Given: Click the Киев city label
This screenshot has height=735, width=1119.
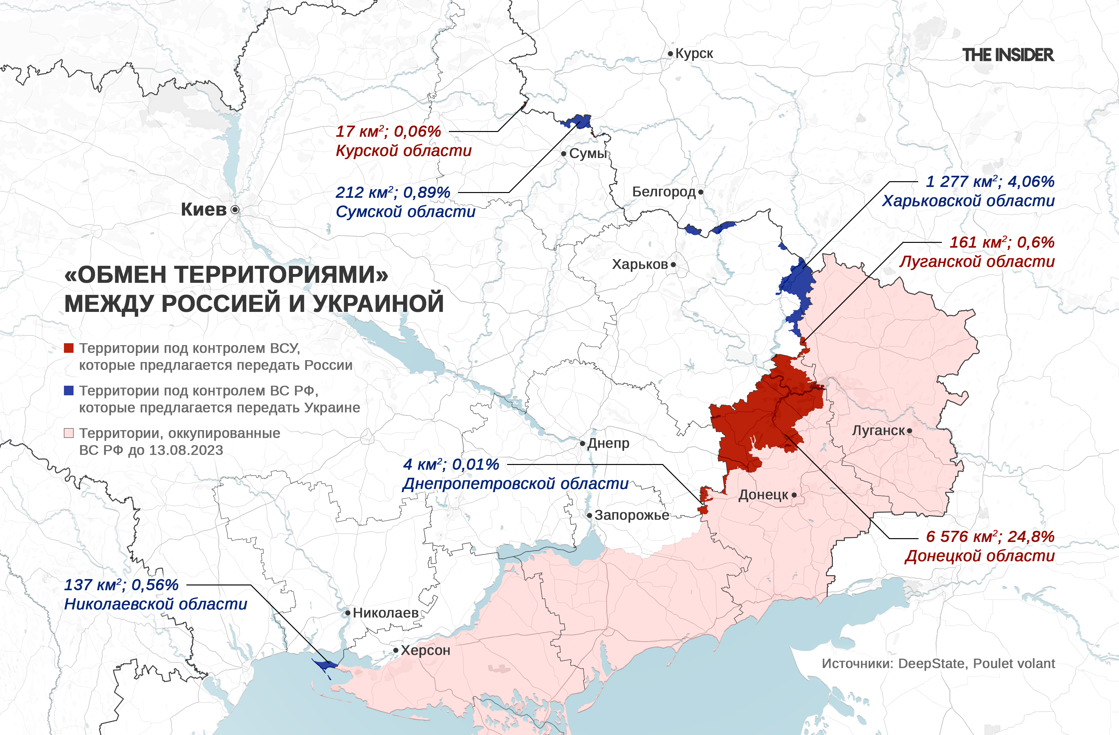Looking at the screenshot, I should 204,210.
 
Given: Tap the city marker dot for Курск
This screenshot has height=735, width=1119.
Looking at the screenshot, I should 670,54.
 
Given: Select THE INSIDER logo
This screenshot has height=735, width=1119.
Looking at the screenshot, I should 1008,55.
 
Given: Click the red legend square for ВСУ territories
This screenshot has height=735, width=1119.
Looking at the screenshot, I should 69,348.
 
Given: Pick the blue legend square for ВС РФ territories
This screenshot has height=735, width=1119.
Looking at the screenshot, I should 69,391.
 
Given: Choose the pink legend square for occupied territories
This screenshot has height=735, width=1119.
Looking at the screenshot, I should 69,433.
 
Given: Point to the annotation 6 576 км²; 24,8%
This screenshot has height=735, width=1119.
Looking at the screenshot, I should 990,537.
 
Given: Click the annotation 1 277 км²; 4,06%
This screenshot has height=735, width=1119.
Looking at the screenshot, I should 990,182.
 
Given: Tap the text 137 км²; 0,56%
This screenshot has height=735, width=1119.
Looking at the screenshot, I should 121,585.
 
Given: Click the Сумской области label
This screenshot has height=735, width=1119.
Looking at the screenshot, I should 405,212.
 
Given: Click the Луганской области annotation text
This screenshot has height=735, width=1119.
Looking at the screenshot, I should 977,262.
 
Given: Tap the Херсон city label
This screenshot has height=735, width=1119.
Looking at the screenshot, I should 425,650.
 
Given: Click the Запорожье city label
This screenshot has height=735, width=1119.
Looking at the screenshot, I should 631,515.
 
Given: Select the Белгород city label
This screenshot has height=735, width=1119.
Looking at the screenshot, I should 663,192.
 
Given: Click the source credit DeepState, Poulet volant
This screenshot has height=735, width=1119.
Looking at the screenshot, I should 976,663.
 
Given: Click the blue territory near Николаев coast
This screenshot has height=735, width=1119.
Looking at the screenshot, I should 325,664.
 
